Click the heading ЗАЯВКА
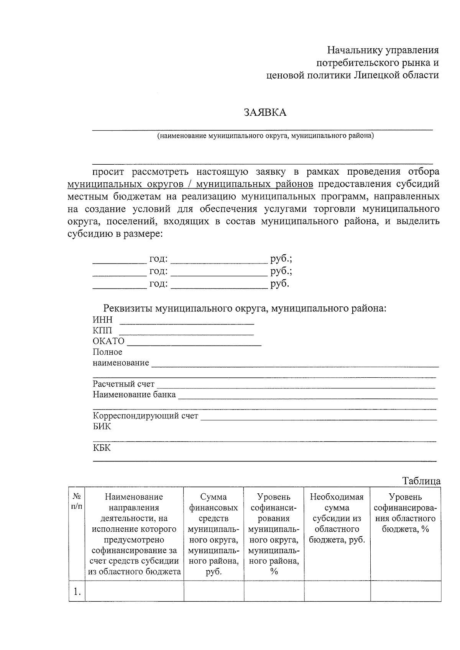(x=265, y=113)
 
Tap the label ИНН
(x=102, y=320)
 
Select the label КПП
(x=102, y=331)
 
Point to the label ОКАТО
(x=108, y=341)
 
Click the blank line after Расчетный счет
(x=295, y=385)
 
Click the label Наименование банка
(x=134, y=395)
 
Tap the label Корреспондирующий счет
(x=145, y=416)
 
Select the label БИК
(x=102, y=427)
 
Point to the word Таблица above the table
(x=421, y=481)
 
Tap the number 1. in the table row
(x=77, y=592)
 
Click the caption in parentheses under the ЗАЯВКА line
(x=265, y=136)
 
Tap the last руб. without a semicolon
(x=279, y=284)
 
